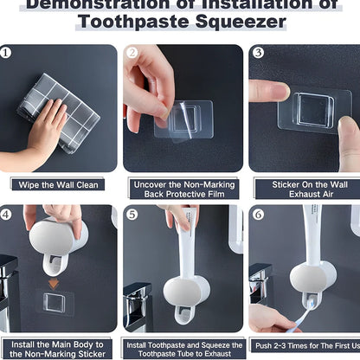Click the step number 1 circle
(x=7, y=52)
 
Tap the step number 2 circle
(x=132, y=52)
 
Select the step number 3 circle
(x=257, y=52)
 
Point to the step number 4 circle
(x=7, y=213)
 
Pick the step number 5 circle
(x=132, y=213)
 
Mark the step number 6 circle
(x=257, y=213)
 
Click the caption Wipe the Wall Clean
(x=57, y=183)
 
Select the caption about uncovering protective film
(x=181, y=190)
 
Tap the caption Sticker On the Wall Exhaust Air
(x=305, y=190)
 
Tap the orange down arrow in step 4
(x=54, y=283)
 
